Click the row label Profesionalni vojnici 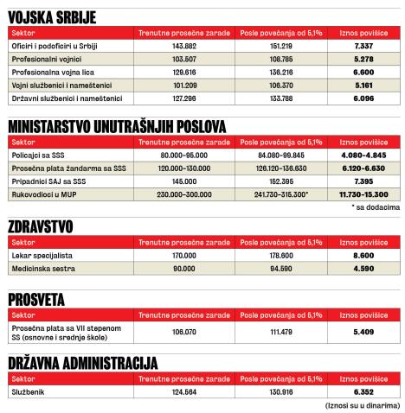pyautogui.click(x=44, y=58)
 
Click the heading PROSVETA pyautogui.click(x=35, y=299)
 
